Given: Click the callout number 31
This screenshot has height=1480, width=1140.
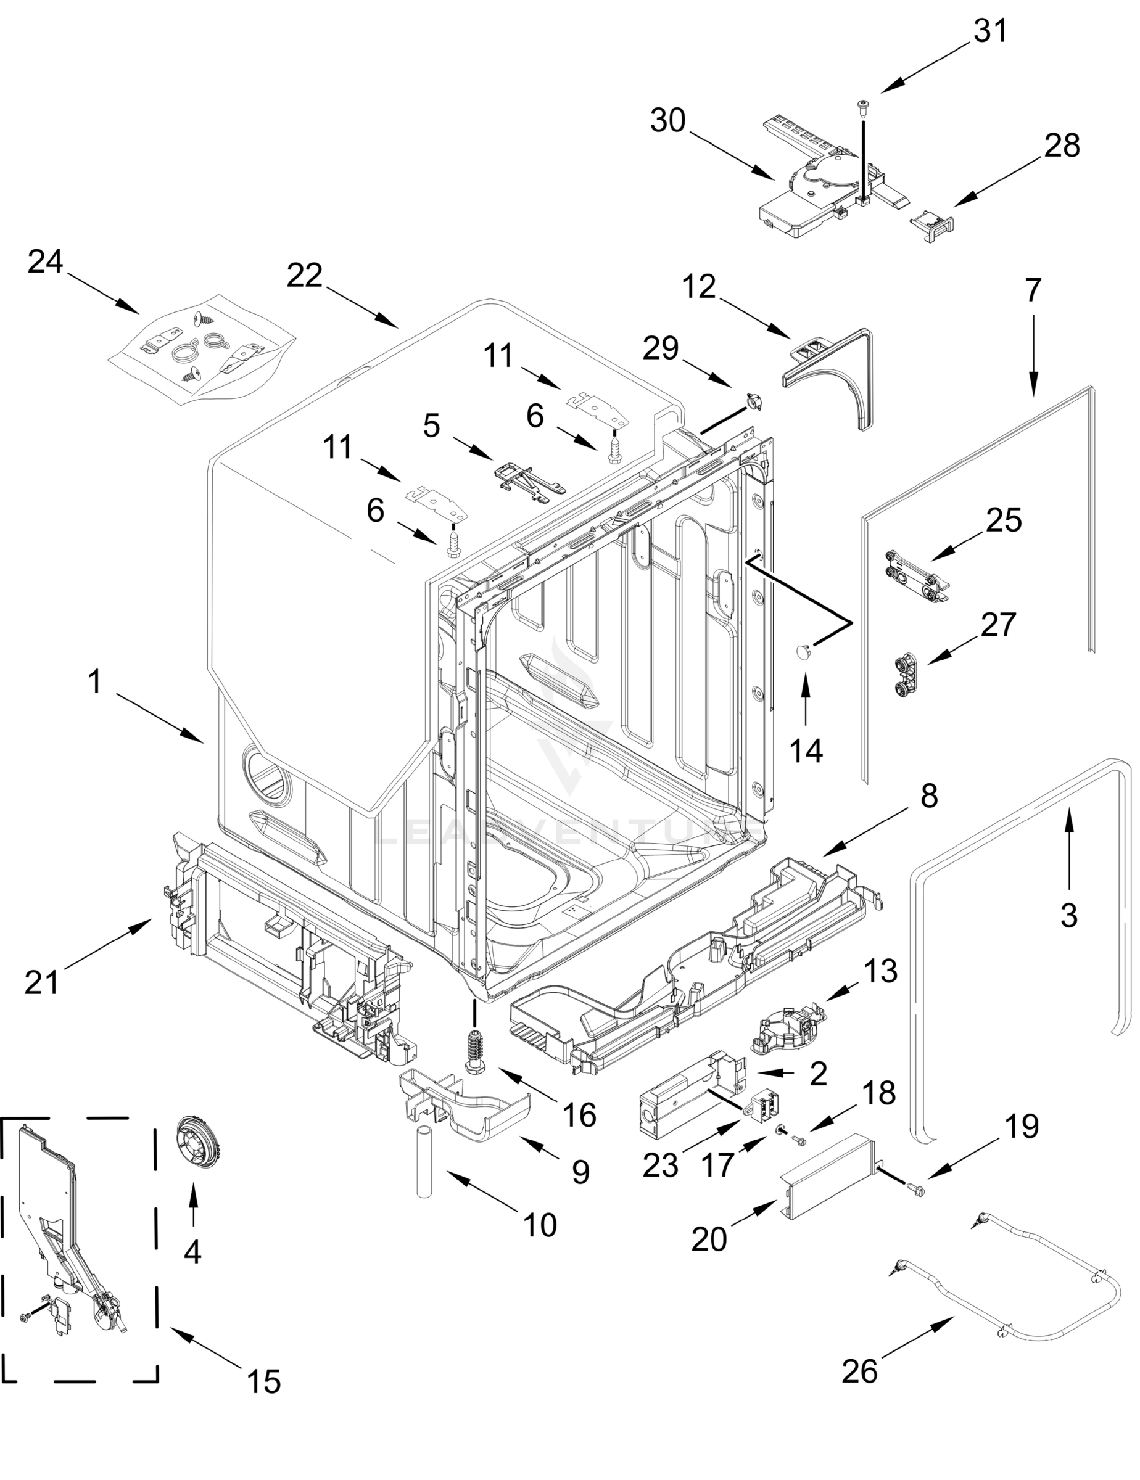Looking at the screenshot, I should [x=990, y=31].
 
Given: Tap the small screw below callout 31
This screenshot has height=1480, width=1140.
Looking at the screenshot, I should [x=864, y=107].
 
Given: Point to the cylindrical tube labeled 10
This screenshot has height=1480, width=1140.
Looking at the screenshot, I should [x=424, y=1163].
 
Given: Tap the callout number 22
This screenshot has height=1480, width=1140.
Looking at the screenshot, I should [x=304, y=276].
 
